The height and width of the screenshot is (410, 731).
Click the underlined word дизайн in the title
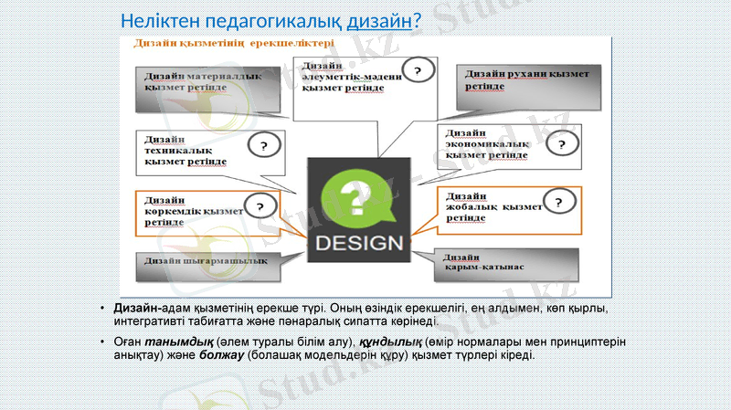(x=379, y=19)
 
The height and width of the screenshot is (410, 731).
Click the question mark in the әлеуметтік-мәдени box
(x=418, y=70)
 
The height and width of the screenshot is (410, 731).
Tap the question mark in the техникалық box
(x=265, y=145)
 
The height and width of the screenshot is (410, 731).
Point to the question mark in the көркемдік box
(x=261, y=207)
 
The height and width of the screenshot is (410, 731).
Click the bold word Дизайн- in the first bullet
(x=138, y=309)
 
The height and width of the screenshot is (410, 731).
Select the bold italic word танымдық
(x=165, y=342)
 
